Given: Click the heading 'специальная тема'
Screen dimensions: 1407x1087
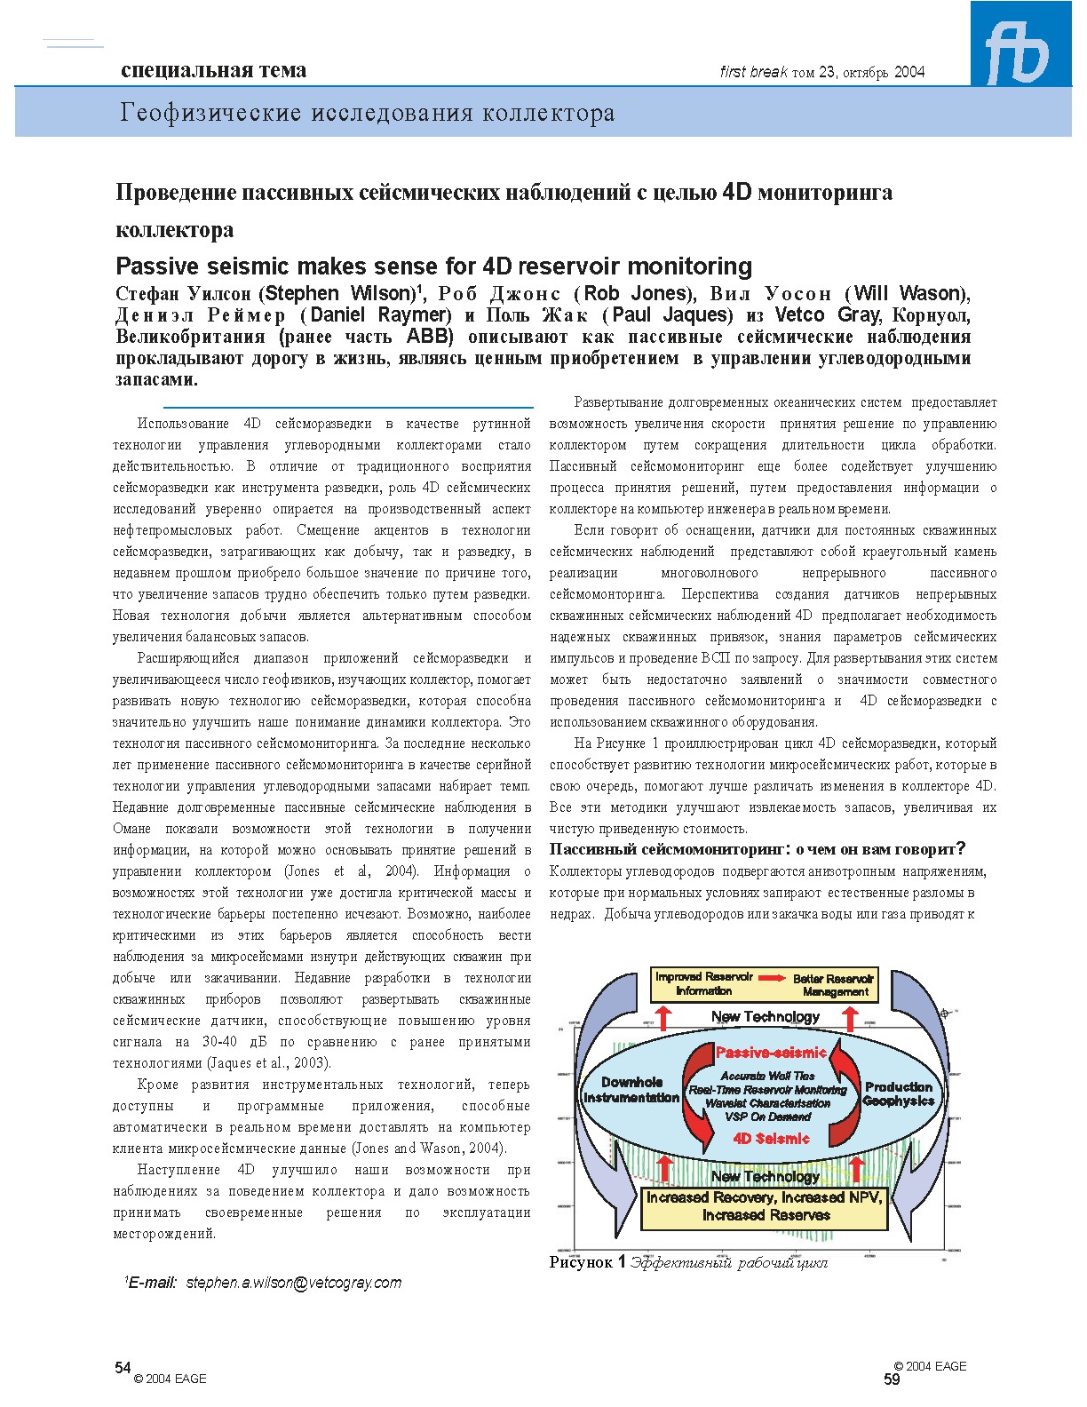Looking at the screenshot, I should coord(213,71).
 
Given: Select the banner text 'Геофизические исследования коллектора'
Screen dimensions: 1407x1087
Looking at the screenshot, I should coord(368,114).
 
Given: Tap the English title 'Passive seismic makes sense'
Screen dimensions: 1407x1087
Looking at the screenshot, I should coord(433,266).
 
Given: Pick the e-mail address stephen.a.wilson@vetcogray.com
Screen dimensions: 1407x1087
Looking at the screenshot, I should coord(294,1283).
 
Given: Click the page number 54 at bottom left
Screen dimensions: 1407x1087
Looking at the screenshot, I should coord(123,1367).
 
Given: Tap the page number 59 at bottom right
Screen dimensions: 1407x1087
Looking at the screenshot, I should coord(892,1379).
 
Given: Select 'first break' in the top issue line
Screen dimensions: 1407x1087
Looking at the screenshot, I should coord(753,73).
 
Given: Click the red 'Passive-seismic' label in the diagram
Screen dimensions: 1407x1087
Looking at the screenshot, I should coord(770,1053).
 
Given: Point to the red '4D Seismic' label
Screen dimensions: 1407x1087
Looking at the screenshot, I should coord(771,1139).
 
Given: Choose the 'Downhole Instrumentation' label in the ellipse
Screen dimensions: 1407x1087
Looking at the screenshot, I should coord(631,1090).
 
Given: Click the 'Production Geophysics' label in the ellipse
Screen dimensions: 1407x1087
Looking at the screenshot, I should coord(898,1093).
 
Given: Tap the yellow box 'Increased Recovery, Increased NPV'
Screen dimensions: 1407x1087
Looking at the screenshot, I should coord(765,1206).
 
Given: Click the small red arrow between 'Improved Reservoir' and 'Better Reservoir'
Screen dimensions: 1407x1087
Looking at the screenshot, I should coord(773,978).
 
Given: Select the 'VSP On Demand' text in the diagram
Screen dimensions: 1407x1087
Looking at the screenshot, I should coord(767,1117).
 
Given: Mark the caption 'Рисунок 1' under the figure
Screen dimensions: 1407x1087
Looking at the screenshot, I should coord(587,1262).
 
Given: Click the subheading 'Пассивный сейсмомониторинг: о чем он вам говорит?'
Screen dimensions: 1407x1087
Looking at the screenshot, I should coord(757,849).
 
